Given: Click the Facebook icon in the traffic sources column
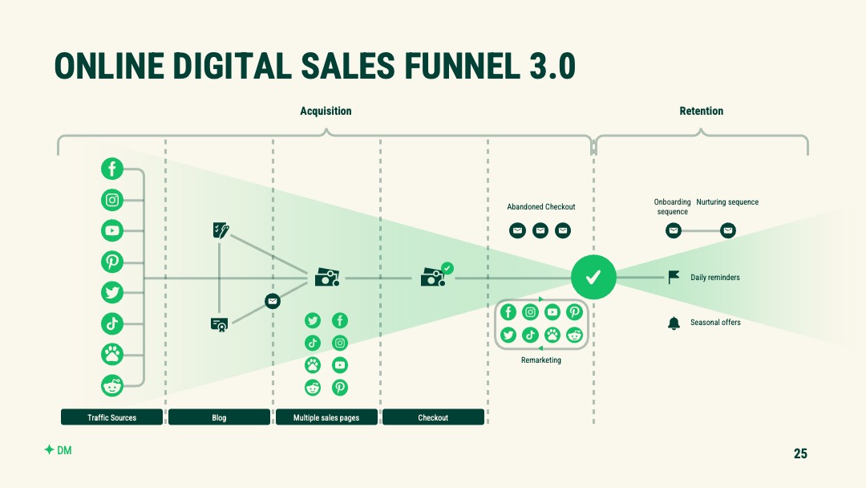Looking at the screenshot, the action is (112, 169).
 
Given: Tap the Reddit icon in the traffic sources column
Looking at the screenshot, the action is (112, 385).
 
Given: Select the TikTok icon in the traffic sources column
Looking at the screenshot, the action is (112, 323).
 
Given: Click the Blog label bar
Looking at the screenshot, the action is (219, 417).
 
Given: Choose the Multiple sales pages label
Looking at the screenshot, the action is (326, 417).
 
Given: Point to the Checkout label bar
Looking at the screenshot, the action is (434, 417).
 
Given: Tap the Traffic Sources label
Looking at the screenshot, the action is (112, 417).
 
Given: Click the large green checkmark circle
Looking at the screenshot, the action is (593, 277).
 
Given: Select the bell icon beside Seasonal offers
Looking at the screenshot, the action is (674, 323).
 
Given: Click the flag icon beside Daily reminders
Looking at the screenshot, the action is (674, 277).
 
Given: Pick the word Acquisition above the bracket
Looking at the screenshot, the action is (326, 111).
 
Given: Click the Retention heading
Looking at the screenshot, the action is (702, 111).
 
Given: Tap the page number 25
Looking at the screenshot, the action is (800, 453).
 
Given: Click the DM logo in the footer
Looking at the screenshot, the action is (58, 449).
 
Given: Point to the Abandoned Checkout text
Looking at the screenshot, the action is (541, 207).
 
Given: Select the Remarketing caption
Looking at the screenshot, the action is (541, 360).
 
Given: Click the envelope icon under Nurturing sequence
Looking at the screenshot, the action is (728, 230).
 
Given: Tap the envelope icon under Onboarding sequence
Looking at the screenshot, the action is (674, 230).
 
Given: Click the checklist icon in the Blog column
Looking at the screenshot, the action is (221, 230).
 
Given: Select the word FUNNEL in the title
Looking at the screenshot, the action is (462, 66).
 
